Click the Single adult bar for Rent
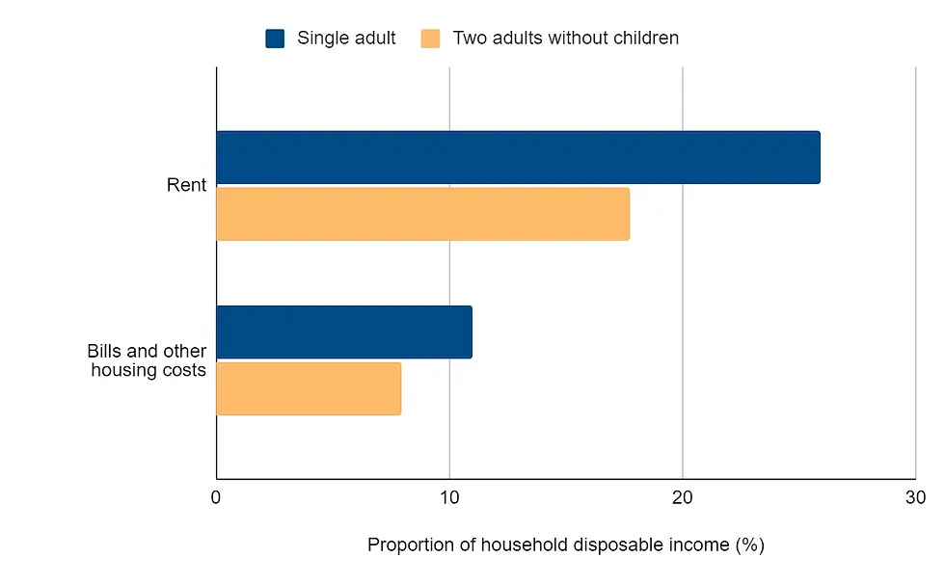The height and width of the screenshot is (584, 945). click(518, 157)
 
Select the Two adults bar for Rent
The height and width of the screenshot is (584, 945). click(422, 214)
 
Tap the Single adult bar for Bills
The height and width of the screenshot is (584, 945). click(343, 332)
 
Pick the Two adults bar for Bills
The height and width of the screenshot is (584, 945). click(308, 388)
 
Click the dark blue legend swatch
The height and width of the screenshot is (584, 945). click(275, 39)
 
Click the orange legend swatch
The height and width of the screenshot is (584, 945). click(430, 39)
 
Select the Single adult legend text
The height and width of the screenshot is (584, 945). click(346, 39)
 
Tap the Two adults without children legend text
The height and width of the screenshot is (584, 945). click(566, 39)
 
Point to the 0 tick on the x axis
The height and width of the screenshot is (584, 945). click(216, 498)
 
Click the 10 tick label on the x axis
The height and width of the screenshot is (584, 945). click(449, 498)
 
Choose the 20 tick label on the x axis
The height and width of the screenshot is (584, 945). click(683, 498)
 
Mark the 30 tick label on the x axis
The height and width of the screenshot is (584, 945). click(915, 498)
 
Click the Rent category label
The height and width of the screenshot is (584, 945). click(186, 185)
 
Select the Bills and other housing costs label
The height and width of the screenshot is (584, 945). click(148, 360)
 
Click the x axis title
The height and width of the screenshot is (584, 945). click(565, 545)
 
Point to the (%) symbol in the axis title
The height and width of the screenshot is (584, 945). click(749, 545)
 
